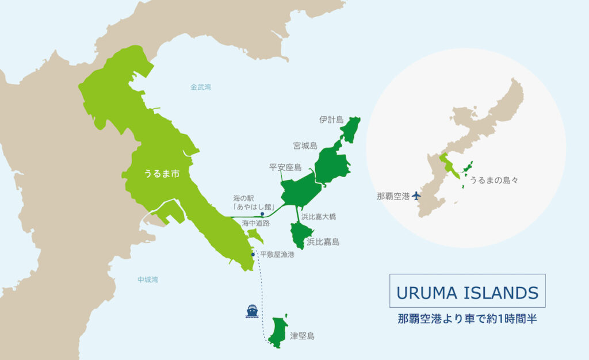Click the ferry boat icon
tap(252, 311)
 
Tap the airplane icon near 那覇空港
tap(416, 196)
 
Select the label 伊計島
tap(331, 120)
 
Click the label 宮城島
tap(305, 146)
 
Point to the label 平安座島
tap(285, 168)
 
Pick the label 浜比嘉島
tap(323, 242)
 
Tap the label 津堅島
tap(302, 336)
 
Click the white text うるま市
tap(158, 175)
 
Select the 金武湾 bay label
tap(200, 87)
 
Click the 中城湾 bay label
tap(147, 280)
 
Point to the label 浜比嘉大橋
tap(318, 217)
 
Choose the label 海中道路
tap(255, 223)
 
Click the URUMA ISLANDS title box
tap(467, 292)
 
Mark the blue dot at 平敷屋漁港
tap(253, 254)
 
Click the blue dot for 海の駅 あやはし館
tap(263, 213)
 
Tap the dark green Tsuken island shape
tap(277, 332)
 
